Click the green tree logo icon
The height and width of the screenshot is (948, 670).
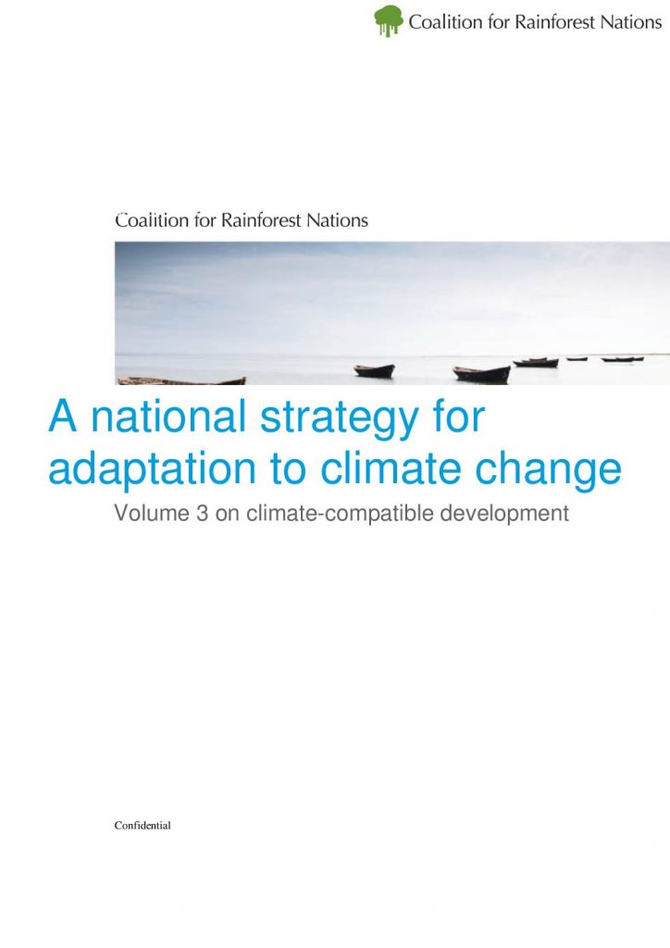click(388, 20)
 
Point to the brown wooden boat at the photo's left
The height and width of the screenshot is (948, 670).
click(181, 380)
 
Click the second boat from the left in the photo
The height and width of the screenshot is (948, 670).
click(375, 370)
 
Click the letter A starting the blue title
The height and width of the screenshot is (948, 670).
click(63, 416)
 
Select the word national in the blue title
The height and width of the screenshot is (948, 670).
click(168, 416)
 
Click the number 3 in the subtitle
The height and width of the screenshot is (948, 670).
click(202, 513)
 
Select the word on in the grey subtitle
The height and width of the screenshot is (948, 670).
click(227, 515)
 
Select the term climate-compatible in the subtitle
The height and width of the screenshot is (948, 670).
click(340, 514)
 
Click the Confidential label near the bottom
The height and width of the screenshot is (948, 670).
click(143, 825)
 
